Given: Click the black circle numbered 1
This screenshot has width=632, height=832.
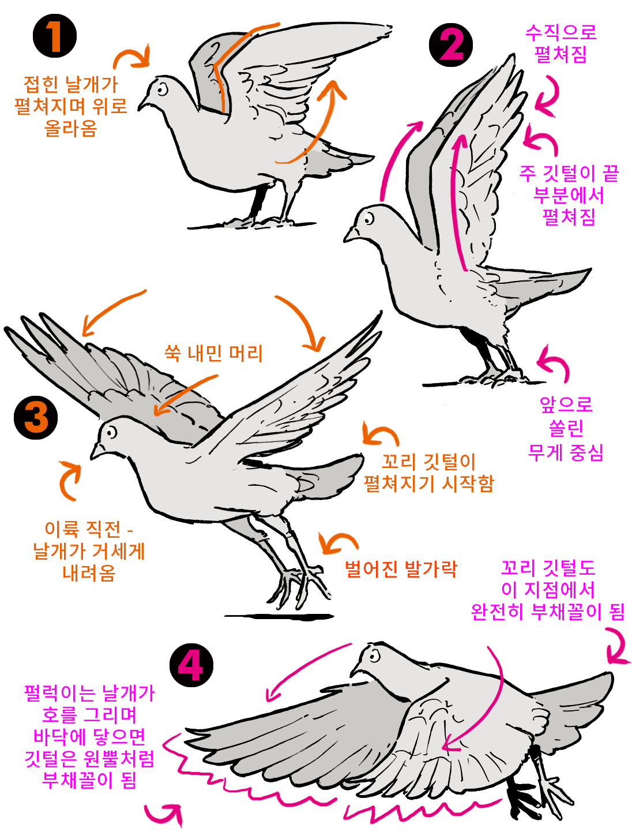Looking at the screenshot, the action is tap(55, 36).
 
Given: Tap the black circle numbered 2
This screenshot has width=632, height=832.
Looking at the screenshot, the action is tap(450, 45).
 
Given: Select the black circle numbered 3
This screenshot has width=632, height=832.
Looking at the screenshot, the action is tap(36, 417).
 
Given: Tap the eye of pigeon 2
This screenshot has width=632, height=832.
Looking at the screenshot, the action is tap(368, 219).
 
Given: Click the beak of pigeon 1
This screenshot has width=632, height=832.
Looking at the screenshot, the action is tap(143, 104).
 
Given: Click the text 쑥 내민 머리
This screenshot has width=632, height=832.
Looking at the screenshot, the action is tap(213, 353).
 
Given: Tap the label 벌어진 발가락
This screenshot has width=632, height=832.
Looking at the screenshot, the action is tap(401, 568).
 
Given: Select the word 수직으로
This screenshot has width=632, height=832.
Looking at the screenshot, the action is tap(560, 32).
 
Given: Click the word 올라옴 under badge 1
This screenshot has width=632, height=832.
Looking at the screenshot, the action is tap(71, 128).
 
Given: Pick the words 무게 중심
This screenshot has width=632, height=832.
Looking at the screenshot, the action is tap(565, 452).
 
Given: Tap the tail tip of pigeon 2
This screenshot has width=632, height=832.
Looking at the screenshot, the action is tap(590, 269).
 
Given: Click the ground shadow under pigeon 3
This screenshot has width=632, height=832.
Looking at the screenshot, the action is tap(279, 617).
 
